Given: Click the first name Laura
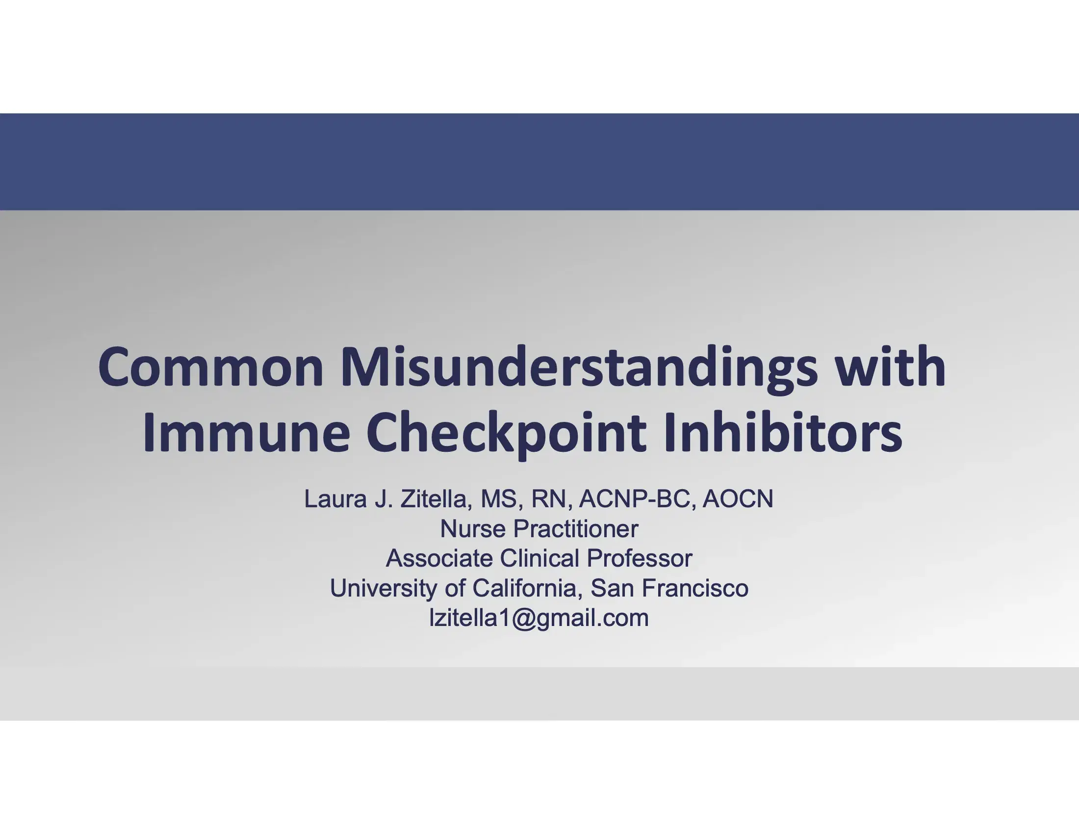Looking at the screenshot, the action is [336, 499].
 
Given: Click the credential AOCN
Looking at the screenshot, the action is [738, 499].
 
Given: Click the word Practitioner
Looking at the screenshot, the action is [576, 529].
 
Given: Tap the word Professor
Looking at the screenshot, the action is [639, 558].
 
